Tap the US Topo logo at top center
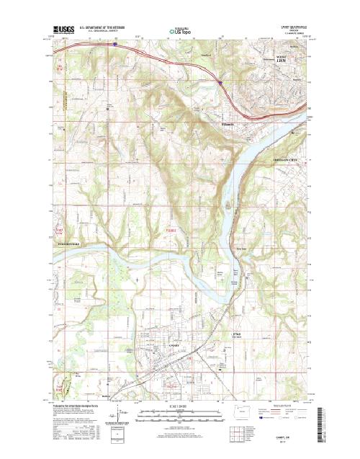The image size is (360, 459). [180, 31]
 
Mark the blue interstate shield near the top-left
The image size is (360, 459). [113, 43]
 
